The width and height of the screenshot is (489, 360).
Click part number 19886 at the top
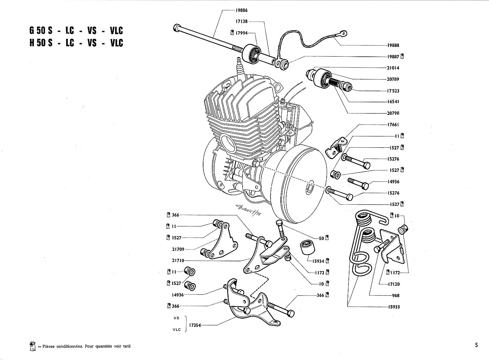pyautogui.click(x=241, y=10)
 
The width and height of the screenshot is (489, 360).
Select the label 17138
pyautogui.click(x=241, y=22)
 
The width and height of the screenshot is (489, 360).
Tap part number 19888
pyautogui.click(x=393, y=45)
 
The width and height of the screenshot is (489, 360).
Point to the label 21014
pyautogui.click(x=393, y=68)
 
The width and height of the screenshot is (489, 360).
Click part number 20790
pyautogui.click(x=393, y=113)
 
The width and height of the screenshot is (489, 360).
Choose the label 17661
pyautogui.click(x=393, y=124)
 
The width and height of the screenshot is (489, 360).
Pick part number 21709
pyautogui.click(x=178, y=249)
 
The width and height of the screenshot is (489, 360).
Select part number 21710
pyautogui.click(x=178, y=261)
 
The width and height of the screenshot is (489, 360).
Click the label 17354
pyautogui.click(x=195, y=325)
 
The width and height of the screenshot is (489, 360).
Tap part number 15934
pyautogui.click(x=318, y=261)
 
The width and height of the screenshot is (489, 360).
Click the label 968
pyautogui.click(x=396, y=295)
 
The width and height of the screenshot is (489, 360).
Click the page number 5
pyautogui.click(x=477, y=345)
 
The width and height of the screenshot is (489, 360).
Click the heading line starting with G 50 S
pyautogui.click(x=76, y=31)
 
